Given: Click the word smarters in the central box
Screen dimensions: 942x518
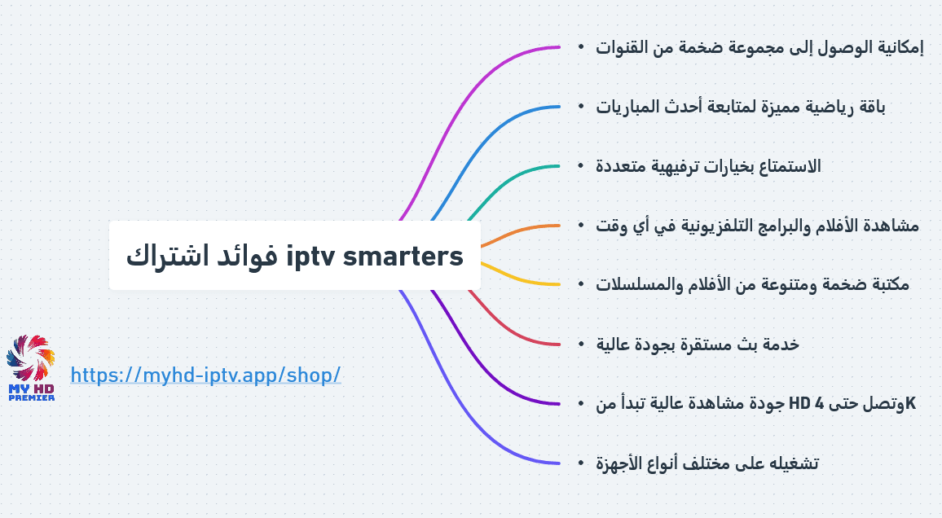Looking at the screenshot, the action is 403,257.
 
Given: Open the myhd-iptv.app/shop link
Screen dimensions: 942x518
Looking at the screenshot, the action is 205,375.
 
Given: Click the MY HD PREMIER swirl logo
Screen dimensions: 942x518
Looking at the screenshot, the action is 31,367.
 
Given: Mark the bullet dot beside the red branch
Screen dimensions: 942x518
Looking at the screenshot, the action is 581,344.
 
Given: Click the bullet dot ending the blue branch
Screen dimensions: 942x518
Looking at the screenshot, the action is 581,106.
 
